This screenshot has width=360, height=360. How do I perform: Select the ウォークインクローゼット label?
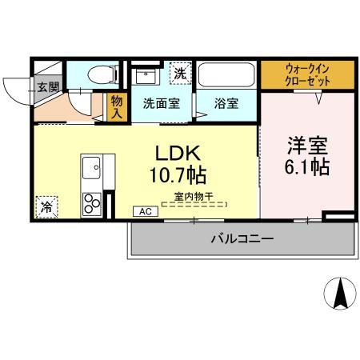point(307,74)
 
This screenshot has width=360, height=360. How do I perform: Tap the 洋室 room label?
point(308,146)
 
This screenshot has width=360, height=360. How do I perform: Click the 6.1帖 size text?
point(308,168)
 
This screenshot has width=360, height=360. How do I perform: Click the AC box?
point(146,211)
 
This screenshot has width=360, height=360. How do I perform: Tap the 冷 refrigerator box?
point(46,205)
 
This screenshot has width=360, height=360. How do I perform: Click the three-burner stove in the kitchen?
point(90,202)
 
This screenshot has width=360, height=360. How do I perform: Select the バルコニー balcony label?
point(242,238)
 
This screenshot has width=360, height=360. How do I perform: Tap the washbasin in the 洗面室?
point(146,77)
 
